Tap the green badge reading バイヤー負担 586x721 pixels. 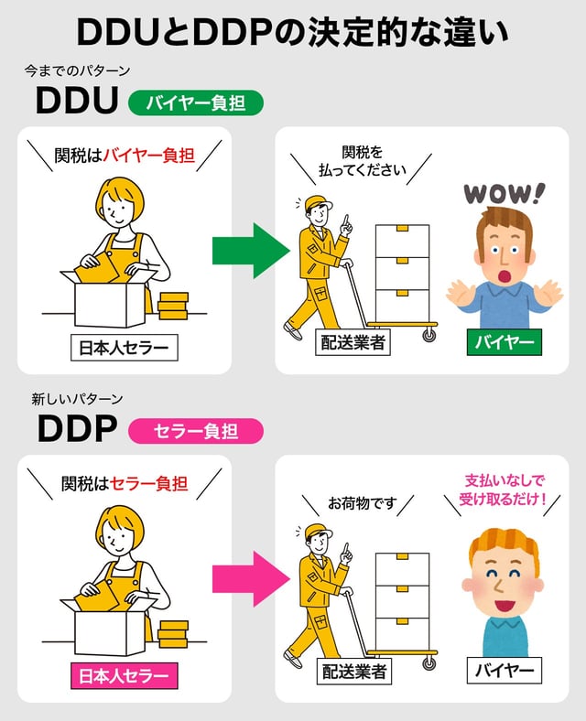[196, 102]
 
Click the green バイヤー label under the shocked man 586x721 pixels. [504, 343]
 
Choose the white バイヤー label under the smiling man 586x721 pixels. [504, 671]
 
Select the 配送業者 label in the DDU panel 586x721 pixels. [353, 343]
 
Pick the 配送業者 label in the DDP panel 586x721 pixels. [353, 671]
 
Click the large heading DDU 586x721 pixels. [77, 102]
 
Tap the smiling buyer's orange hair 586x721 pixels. [502, 546]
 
